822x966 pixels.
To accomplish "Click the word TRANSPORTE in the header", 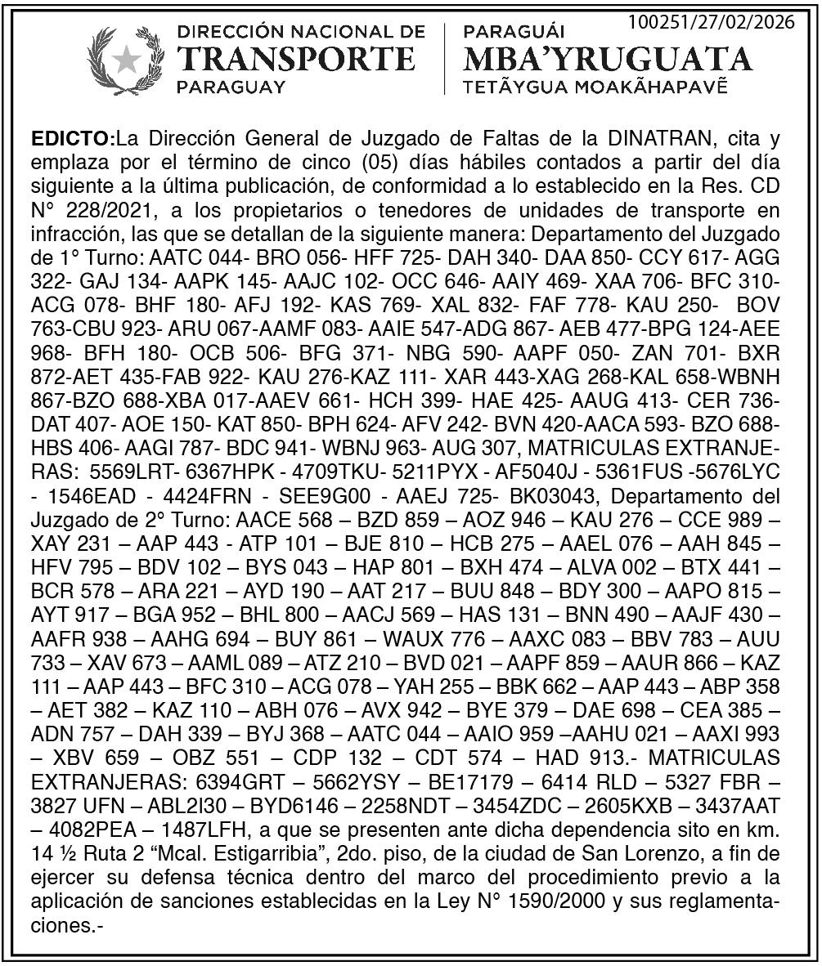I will [x=295, y=59].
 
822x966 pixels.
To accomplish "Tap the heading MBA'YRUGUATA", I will [x=607, y=59].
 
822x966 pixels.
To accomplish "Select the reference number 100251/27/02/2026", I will [x=711, y=22].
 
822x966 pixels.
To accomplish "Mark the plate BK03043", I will [x=559, y=496].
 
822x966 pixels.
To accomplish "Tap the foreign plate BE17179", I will [x=472, y=781].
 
